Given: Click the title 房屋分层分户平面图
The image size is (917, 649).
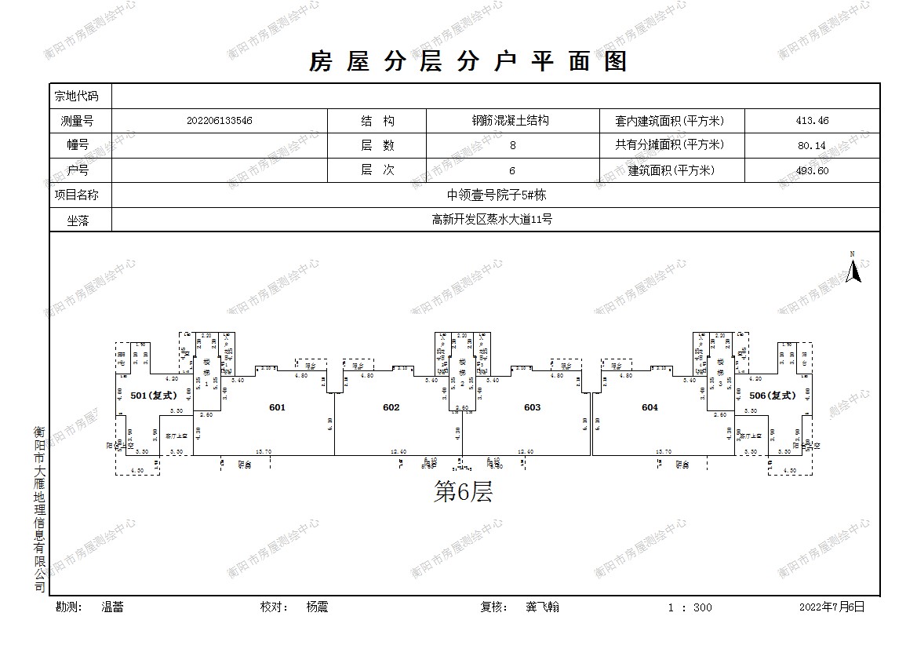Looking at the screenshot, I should [x=468, y=61].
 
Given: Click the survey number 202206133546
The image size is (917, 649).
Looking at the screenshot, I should [x=220, y=121].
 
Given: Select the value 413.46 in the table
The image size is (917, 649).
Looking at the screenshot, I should [x=812, y=121].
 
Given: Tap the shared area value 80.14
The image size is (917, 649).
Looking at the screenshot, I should [x=812, y=145].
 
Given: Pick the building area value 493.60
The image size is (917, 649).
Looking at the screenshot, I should [x=812, y=170].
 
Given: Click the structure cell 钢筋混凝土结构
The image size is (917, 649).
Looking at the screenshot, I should [x=510, y=121].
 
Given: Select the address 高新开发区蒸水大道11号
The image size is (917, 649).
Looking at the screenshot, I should [x=491, y=220].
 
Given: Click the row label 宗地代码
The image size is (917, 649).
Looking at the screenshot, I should [x=77, y=97].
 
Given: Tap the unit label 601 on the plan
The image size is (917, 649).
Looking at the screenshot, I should [x=277, y=407].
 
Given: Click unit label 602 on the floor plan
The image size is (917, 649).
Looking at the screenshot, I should [x=391, y=407].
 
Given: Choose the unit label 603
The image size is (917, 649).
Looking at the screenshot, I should [x=532, y=407].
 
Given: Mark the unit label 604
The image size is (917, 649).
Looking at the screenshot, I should [x=650, y=407].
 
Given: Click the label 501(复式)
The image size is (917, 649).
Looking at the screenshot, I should [x=152, y=396].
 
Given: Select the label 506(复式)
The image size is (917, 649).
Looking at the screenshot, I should [x=772, y=396].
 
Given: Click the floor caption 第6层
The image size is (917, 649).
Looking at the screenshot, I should [x=463, y=493].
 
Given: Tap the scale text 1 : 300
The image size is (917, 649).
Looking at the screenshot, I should [x=690, y=607].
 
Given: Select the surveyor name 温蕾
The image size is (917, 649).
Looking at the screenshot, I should [x=112, y=607].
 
